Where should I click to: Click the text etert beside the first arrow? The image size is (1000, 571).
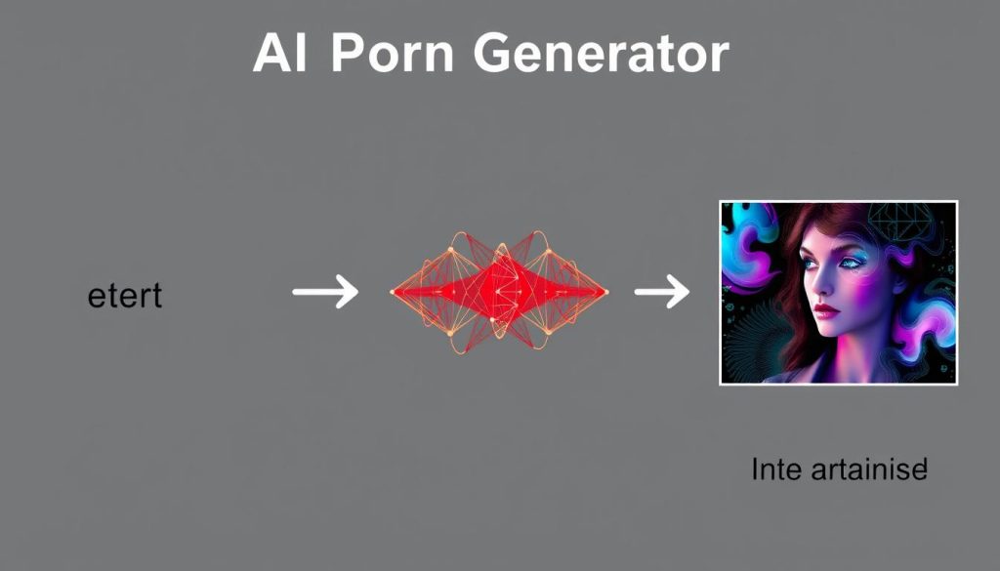(x=124, y=295)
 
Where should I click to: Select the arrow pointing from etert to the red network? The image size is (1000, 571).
(x=325, y=291)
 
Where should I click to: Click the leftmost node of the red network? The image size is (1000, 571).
(x=393, y=291)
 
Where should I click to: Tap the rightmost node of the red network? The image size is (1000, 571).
(x=606, y=292)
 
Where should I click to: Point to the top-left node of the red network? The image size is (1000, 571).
(x=451, y=251)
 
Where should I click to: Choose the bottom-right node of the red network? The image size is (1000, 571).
(x=549, y=332)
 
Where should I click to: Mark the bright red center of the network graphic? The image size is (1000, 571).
(x=499, y=291)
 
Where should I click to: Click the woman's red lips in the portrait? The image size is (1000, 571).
(x=828, y=310)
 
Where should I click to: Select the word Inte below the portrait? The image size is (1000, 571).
(x=777, y=470)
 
